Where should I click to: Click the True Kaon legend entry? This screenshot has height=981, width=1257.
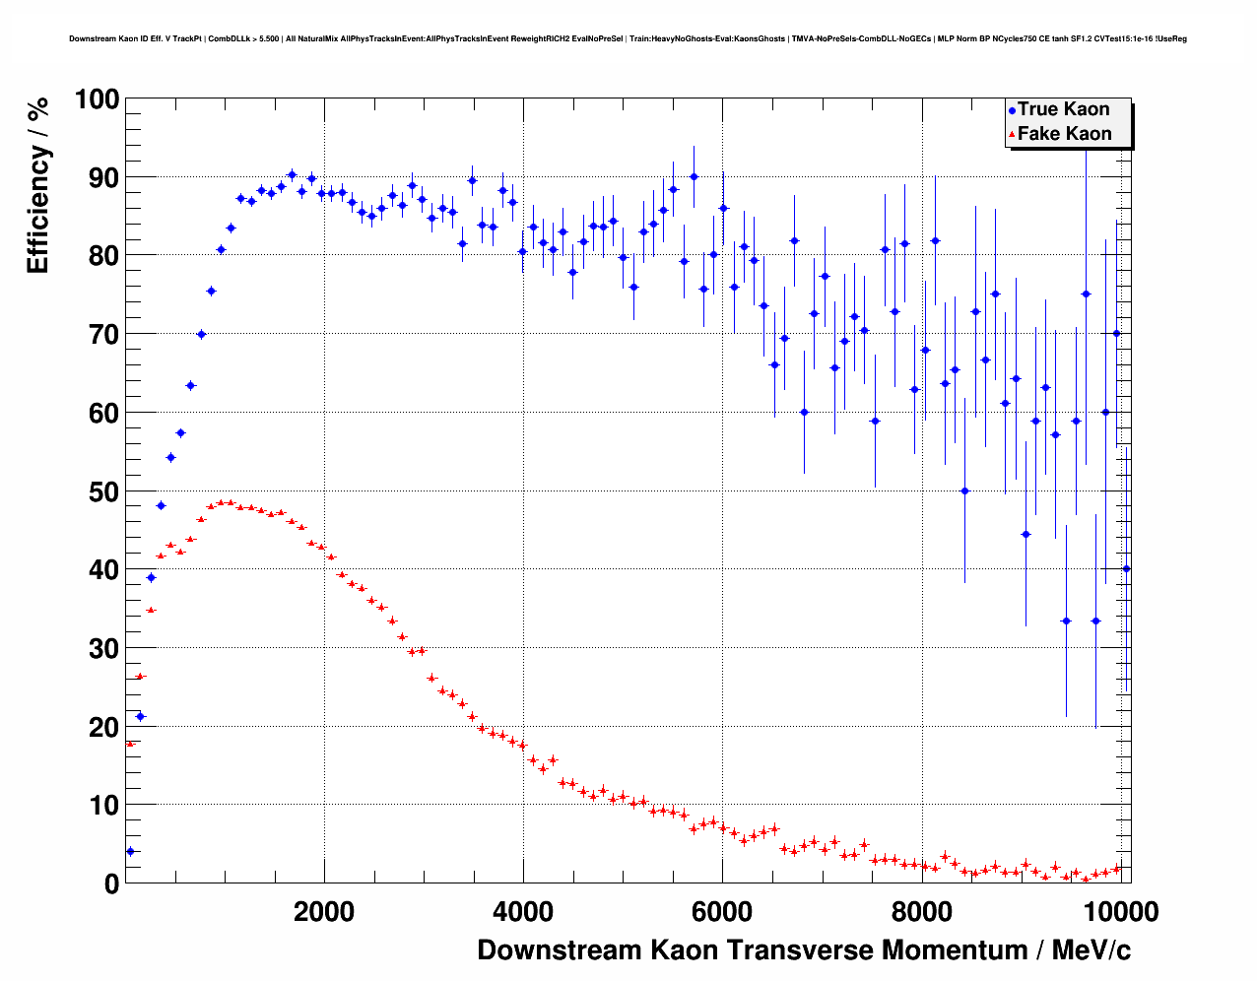(x=1063, y=109)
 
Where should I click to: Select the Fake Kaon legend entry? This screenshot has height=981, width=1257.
(x=1064, y=134)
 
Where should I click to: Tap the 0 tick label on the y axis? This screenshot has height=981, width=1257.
(x=110, y=884)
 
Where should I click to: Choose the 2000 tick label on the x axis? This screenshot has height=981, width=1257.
(x=324, y=912)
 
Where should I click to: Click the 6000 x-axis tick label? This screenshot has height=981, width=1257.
(x=722, y=912)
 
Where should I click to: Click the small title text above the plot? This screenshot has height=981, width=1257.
(x=628, y=39)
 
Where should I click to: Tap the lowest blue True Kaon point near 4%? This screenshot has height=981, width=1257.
(x=130, y=851)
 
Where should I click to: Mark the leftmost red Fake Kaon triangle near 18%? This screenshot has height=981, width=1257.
(x=130, y=744)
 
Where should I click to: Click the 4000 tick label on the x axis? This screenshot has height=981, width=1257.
(x=523, y=912)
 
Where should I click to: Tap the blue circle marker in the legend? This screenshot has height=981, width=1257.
(x=1012, y=111)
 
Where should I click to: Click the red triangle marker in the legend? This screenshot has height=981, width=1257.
(x=1012, y=135)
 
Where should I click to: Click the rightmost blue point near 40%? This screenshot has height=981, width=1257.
(x=1126, y=568)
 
